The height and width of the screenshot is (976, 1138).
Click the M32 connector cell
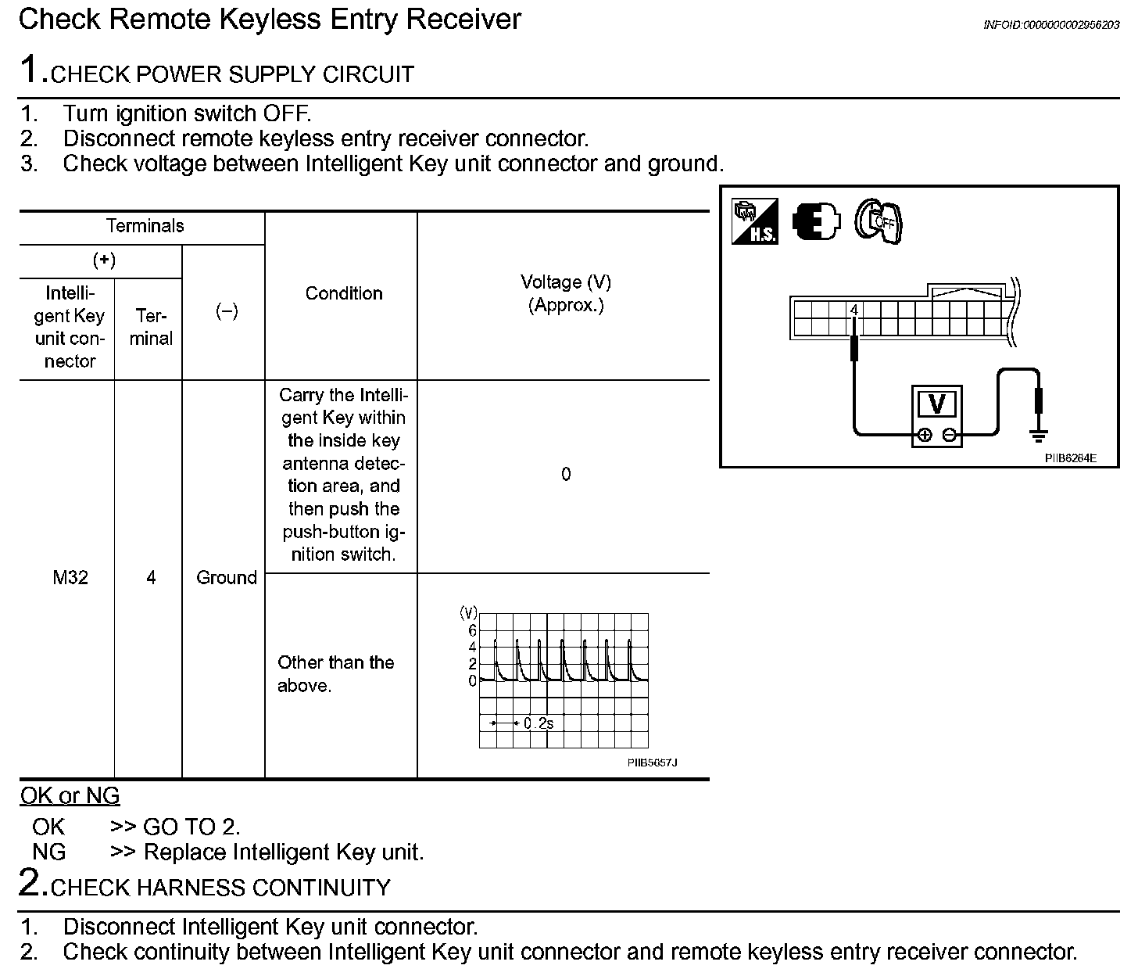point(70,578)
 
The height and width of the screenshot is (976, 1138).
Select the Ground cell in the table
point(226,578)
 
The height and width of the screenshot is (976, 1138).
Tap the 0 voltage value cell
point(566,475)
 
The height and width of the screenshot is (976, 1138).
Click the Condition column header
point(344,293)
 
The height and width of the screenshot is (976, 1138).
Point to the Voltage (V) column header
point(566,293)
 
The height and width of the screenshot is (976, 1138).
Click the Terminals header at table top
point(145,227)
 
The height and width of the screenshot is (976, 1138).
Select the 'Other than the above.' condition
point(336,673)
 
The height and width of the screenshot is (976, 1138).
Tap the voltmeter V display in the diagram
point(936,404)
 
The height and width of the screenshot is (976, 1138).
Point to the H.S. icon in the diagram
point(754,222)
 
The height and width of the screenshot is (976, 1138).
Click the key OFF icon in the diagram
point(878,222)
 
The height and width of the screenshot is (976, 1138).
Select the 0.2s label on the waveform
point(539,723)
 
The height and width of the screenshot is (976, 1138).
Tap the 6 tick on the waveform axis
point(472,630)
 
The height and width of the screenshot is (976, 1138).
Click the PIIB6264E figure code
point(1070,458)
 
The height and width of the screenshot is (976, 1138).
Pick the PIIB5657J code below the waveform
point(652,762)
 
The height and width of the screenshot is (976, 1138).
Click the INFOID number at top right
point(1050,26)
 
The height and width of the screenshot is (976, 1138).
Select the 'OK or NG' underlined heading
point(70,796)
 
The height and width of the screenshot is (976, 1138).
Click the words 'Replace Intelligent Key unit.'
point(284,852)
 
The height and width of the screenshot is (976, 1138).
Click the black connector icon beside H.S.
point(816,222)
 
